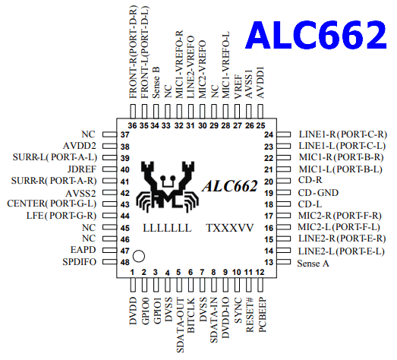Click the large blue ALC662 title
click(x=316, y=35)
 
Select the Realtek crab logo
click(x=167, y=185)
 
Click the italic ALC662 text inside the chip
click(x=230, y=186)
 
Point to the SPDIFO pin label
click(x=80, y=262)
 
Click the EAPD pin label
click(x=83, y=250)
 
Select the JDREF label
click(x=82, y=169)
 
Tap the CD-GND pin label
click(x=318, y=193)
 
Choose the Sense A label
click(x=314, y=264)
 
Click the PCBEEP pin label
click(x=263, y=315)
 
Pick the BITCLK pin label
click(x=191, y=315)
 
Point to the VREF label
click(x=238, y=87)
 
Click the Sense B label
click(x=156, y=83)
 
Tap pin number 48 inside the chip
click(x=125, y=262)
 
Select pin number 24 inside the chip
click(x=269, y=134)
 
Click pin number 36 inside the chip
click(x=132, y=125)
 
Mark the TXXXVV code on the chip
click(x=230, y=228)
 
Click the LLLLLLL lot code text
click(x=167, y=228)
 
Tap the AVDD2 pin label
click(x=80, y=146)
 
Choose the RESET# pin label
click(x=250, y=315)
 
